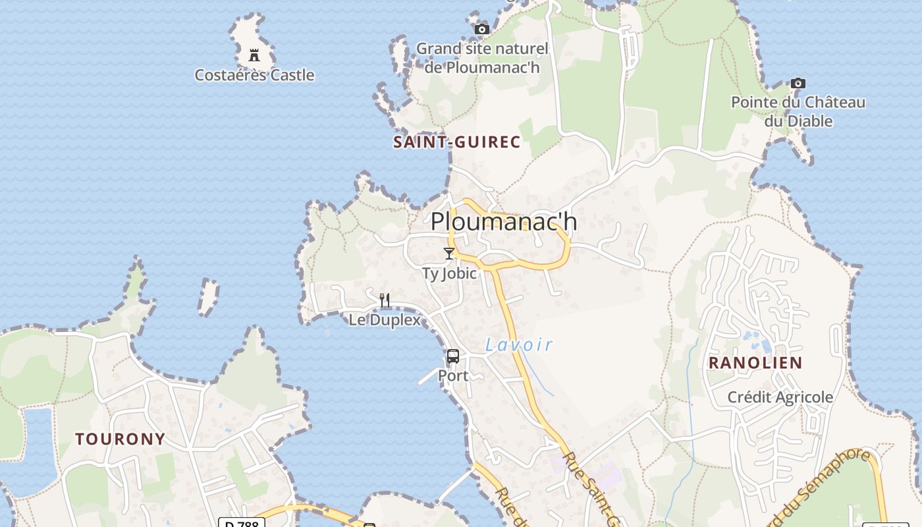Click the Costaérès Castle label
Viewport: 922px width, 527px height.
click(x=254, y=75)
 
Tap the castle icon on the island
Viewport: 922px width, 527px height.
click(x=254, y=55)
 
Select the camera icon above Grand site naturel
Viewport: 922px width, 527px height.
click(x=482, y=29)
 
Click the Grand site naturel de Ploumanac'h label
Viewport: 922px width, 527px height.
click(x=482, y=58)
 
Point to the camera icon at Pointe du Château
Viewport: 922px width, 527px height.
click(x=798, y=83)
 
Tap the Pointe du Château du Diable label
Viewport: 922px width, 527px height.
click(x=798, y=111)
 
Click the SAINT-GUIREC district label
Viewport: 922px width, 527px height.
click(x=457, y=142)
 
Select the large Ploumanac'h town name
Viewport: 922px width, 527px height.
click(x=504, y=221)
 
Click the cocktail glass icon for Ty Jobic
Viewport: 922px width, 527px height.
click(x=449, y=254)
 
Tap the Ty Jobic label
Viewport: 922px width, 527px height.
click(x=449, y=273)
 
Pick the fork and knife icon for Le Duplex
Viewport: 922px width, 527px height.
click(x=385, y=300)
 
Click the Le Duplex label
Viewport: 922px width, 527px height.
click(x=385, y=320)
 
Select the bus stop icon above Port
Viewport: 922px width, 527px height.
click(x=453, y=356)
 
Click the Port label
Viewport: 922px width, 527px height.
click(x=453, y=375)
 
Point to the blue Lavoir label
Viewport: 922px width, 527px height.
click(x=519, y=344)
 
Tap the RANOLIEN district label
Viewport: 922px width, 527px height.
click(x=755, y=362)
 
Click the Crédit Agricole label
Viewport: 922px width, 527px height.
click(x=780, y=397)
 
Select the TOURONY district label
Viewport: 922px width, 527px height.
click(x=120, y=439)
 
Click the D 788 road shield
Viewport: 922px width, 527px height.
click(x=242, y=523)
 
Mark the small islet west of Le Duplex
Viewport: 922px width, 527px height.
click(x=209, y=296)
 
